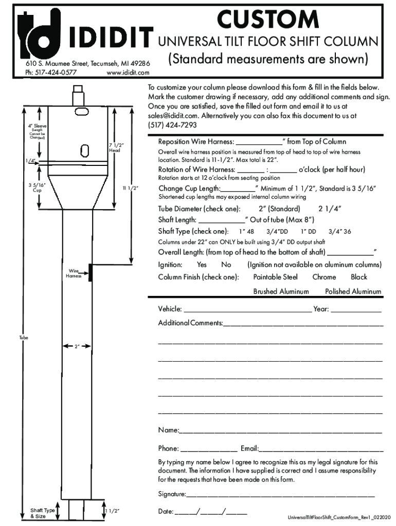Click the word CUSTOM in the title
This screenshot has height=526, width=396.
267,20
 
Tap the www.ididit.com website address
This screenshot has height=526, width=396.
128,72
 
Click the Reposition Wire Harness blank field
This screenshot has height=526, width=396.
259,142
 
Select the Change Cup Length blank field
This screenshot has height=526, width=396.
237,189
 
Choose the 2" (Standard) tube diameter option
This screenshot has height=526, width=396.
279,209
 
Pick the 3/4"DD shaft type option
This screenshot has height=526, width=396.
277,232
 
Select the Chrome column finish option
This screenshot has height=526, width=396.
324,277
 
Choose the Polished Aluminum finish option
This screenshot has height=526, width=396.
353,292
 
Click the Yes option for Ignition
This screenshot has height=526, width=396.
202,265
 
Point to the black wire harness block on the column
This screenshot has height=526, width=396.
91,273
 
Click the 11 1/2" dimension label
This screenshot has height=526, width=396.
131,189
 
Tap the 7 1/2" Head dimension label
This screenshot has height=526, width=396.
115,148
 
